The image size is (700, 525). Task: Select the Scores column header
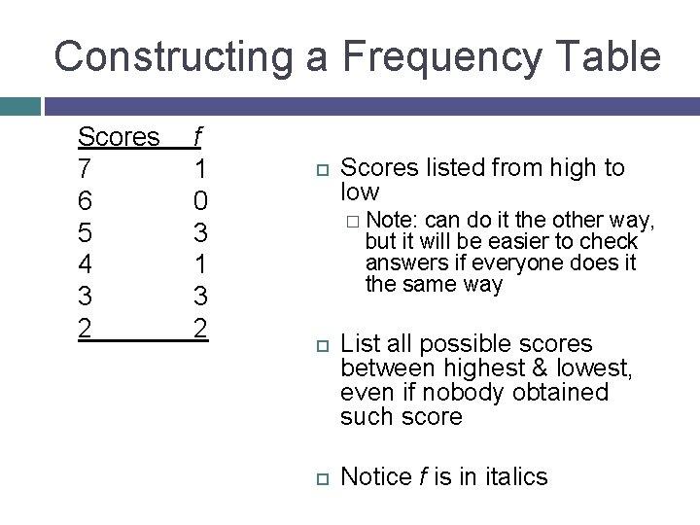coord(118,137)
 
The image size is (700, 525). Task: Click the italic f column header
coord(198,137)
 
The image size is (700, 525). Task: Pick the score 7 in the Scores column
coord(86,169)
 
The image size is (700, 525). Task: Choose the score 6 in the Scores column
coord(86,201)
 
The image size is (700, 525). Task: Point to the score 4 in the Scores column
coord(86,264)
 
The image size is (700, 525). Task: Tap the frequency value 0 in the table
coord(199,201)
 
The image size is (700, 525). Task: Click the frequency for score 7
coord(199,169)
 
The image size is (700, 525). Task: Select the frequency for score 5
coord(199,233)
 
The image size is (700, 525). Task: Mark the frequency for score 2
coord(199,329)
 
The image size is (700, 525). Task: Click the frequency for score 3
coord(199,297)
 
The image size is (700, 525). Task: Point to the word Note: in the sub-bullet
coord(393,220)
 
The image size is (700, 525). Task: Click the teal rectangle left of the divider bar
coord(19,105)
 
